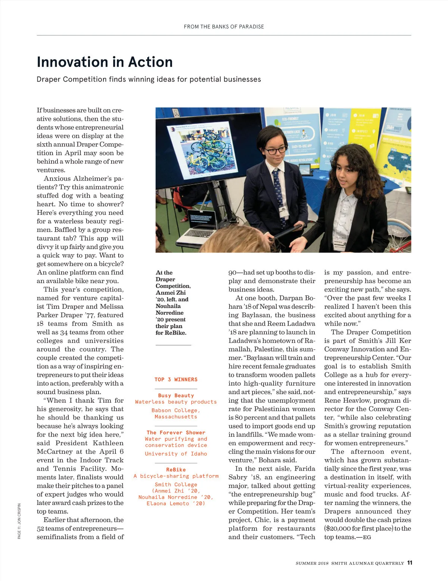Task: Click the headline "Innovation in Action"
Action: pos(105,62)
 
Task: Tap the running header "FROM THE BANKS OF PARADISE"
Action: pos(224,27)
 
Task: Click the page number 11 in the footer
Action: pos(410,563)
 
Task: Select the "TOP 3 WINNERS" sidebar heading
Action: pos(176,380)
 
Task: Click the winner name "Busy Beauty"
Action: pos(176,395)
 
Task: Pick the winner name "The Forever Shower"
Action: pos(176,433)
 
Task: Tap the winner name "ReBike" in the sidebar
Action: pos(176,470)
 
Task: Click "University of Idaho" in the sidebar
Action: pos(176,454)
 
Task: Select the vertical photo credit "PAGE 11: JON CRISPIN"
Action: pos(19,521)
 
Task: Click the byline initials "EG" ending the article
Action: pos(367,537)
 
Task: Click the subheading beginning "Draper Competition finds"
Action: pos(149,79)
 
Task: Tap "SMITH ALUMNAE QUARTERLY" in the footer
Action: pos(368,563)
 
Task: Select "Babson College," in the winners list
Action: pos(176,410)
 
